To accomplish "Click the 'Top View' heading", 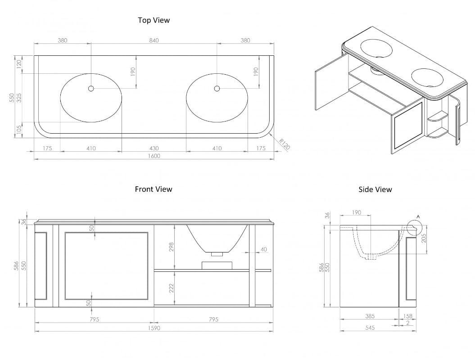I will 154,20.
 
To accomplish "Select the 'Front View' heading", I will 154,189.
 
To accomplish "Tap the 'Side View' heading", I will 375,189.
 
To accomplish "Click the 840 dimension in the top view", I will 154,40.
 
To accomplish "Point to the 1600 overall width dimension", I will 154,156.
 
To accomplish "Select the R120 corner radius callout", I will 283,144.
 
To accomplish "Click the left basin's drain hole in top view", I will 91,89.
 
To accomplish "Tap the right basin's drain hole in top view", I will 217,89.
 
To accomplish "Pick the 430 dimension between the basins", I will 154,148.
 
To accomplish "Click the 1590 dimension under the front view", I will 154,328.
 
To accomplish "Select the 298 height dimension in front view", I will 171,247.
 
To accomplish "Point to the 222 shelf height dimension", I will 171,288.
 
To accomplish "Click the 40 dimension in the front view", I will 263,249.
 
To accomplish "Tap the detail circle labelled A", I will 415,229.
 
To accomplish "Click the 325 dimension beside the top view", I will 19,98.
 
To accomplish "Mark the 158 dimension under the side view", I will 407,317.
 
